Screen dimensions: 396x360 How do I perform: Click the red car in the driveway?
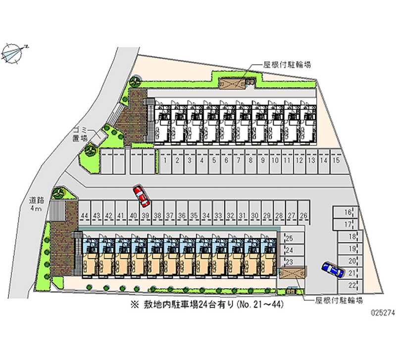(141, 196)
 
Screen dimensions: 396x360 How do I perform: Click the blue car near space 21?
(333, 270)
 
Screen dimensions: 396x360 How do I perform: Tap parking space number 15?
(336, 161)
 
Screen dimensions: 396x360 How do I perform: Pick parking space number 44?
(85, 215)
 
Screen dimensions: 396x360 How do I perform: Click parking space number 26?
(304, 215)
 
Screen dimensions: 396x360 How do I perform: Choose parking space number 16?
(349, 212)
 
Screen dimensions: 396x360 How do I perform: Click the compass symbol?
(15, 51)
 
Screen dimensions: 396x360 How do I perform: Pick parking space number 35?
(195, 215)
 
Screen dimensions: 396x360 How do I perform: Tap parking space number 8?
(251, 161)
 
